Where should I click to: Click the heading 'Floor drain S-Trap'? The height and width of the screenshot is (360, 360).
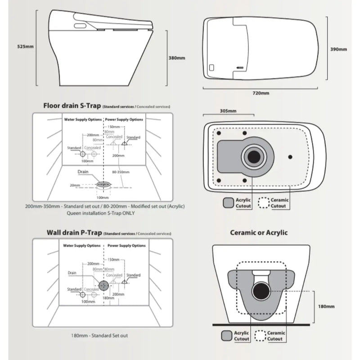[x=72, y=106]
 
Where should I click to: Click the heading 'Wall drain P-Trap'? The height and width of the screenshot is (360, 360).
[x=74, y=233]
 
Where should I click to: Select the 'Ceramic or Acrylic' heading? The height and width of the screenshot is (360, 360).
[x=259, y=233]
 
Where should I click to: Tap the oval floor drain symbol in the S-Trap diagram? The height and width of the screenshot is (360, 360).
[x=103, y=184]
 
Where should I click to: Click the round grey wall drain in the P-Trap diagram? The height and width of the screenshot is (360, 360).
[x=103, y=285]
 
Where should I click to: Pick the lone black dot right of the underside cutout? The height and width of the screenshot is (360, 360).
[x=290, y=157]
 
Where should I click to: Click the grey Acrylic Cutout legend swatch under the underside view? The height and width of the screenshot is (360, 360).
[x=228, y=202]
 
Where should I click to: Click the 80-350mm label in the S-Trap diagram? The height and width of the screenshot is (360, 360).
[x=120, y=172]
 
